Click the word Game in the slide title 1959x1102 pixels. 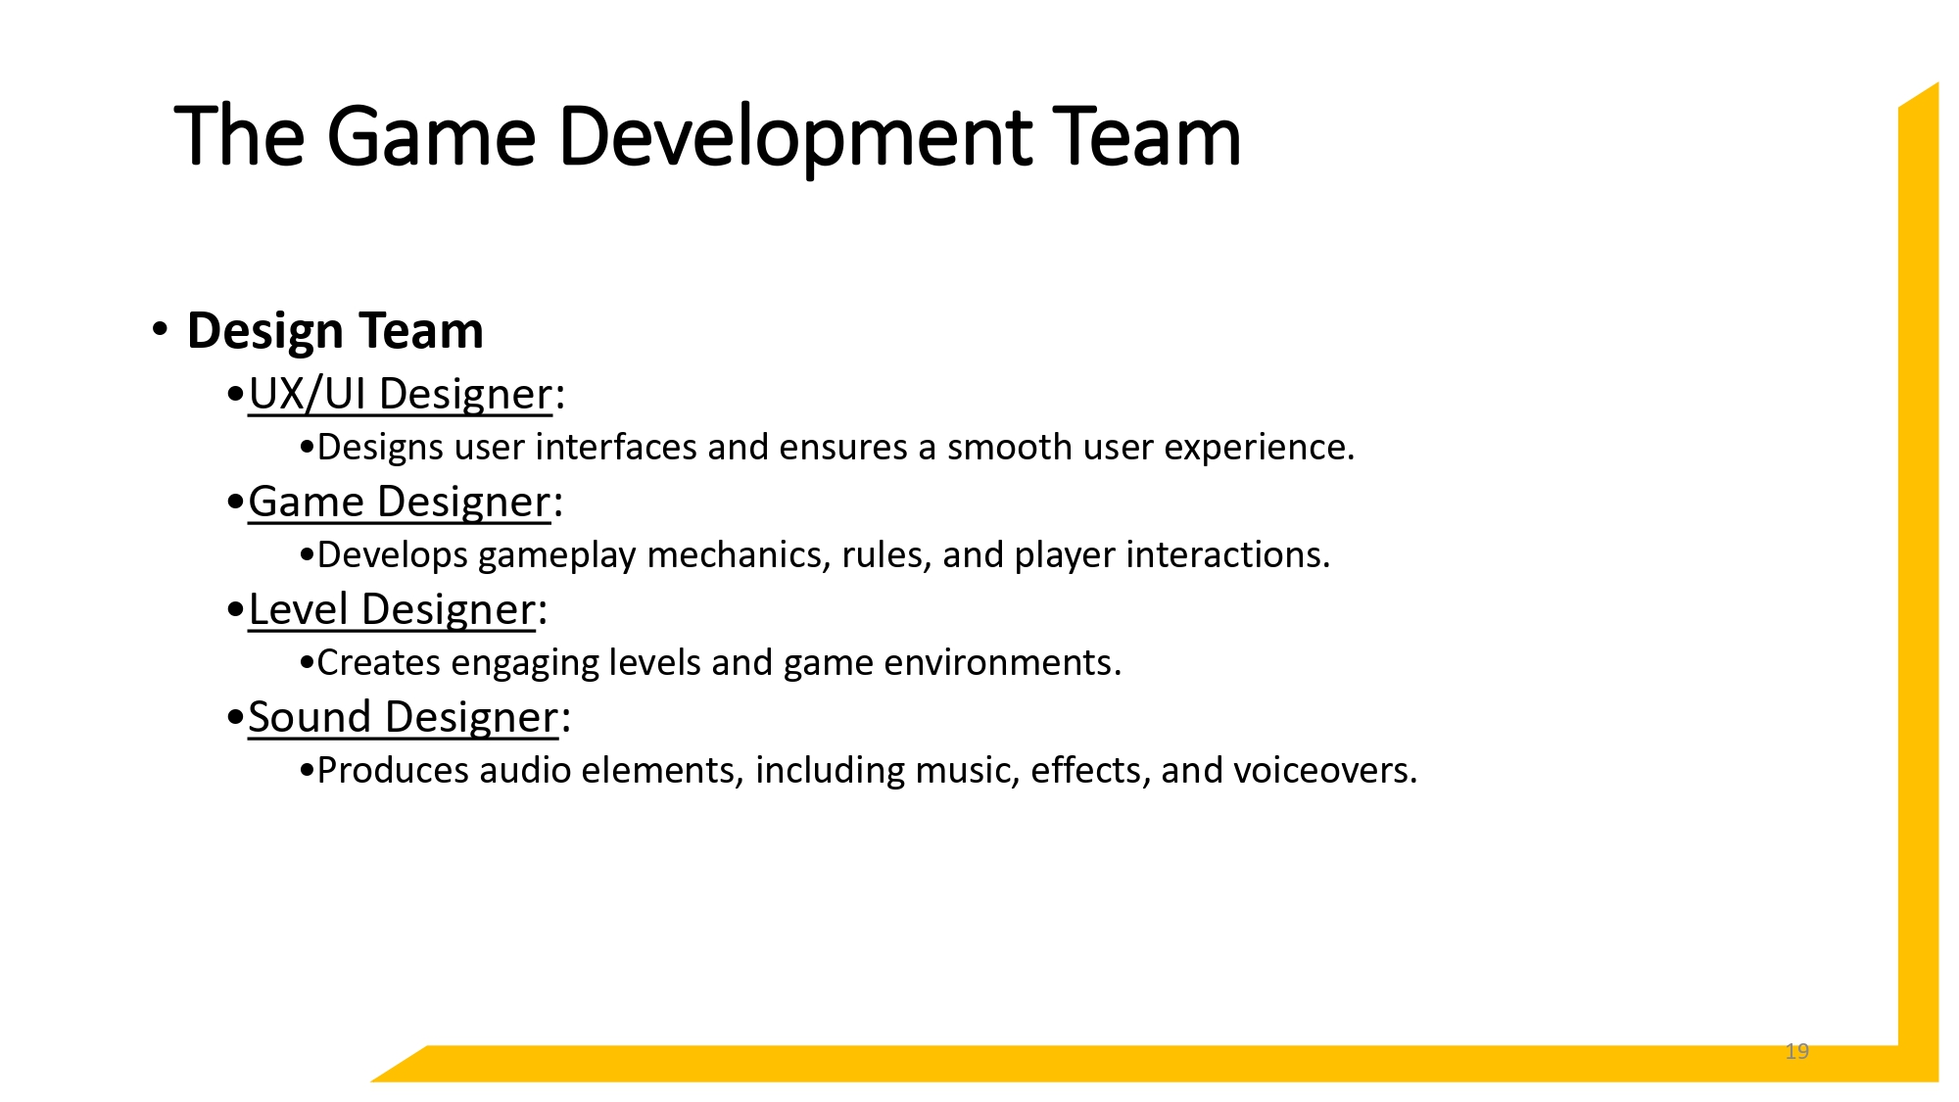[431, 137]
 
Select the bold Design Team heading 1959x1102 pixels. [335, 330]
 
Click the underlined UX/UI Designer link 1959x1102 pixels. [400, 394]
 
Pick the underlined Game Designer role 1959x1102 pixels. [399, 502]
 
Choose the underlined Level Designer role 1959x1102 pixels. [392, 609]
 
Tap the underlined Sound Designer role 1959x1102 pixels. [403, 717]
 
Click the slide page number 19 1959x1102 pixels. [1796, 1051]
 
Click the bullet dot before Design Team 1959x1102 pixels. [160, 328]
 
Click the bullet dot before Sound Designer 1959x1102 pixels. [234, 718]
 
